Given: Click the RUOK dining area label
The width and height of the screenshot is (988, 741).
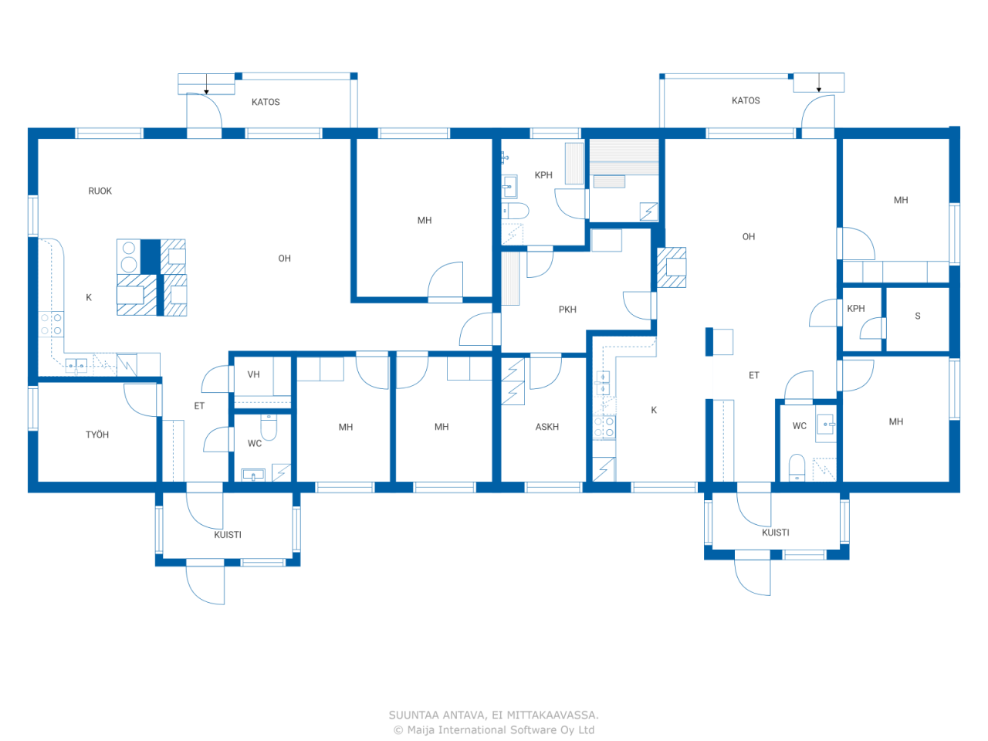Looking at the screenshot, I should pos(100,191).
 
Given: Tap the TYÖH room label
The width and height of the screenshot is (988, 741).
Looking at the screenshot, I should pos(97,435).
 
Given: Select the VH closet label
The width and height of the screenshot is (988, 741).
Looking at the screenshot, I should pos(254,374).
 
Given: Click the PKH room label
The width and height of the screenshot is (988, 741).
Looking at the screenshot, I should pos(567,310).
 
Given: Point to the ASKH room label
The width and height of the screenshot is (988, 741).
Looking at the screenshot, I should pos(547,427).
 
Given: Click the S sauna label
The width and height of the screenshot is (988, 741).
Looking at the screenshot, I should pos(918,316).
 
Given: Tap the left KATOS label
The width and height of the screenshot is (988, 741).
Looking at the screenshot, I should pos(266,102).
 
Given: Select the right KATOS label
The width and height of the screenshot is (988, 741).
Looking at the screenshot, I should pos(746,100).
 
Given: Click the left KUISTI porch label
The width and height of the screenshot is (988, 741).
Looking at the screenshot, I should pos(228,535).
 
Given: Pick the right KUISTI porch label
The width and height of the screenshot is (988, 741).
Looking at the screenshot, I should pos(776,533).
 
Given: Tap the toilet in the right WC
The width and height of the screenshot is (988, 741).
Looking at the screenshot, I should pos(797,466).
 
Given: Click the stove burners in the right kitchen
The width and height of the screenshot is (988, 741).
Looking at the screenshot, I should pos(604,428).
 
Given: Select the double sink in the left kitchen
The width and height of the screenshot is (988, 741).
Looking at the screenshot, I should pos(76,365).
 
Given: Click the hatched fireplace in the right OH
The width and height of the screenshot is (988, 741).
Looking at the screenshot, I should pos(672,267).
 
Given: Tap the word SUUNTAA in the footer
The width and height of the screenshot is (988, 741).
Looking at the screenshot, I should pos(414,715).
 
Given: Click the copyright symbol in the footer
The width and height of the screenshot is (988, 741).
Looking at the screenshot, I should pos(398,730).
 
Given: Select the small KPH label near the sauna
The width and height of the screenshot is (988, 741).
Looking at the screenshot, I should pos(856,309).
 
